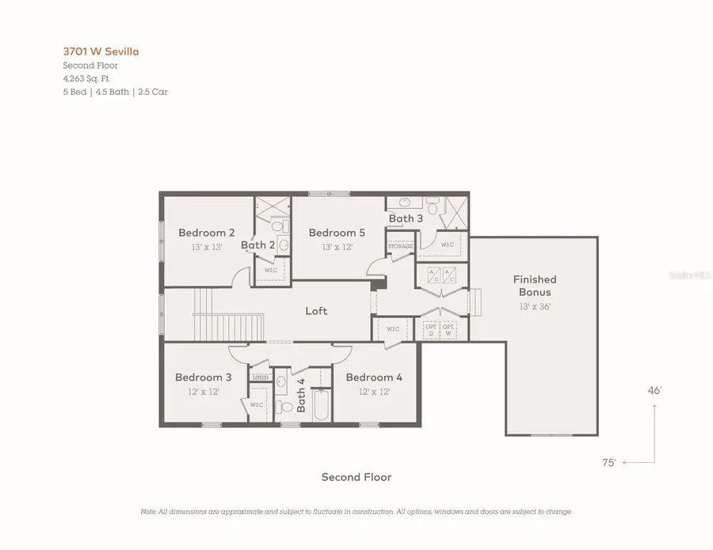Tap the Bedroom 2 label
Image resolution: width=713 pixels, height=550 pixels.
pos(206,233)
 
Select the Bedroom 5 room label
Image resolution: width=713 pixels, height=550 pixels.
pos(337,233)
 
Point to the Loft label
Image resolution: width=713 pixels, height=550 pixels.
pos(316,311)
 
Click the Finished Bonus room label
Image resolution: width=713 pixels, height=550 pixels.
pos(535,286)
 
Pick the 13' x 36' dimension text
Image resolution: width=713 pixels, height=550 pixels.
pos(535,305)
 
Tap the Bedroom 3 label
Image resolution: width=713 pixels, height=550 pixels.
pos(204,377)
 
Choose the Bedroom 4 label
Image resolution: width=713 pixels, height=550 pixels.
pos(374,377)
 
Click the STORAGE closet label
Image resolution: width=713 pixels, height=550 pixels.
pos(400,247)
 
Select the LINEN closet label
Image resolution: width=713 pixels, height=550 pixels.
pos(259,377)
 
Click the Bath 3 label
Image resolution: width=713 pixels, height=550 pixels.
pos(406,218)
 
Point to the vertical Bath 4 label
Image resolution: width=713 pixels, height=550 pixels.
pos(301,395)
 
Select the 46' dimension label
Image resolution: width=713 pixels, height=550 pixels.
pos(655,390)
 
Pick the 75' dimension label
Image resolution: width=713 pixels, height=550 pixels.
pos(609,463)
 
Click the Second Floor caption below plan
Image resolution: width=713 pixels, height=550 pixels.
pos(356,477)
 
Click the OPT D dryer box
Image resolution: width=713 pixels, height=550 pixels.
pos(431,329)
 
